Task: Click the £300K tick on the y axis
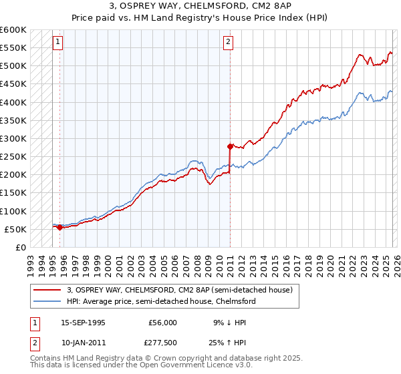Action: (13, 138)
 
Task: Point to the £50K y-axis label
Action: (15, 229)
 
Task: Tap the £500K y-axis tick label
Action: (13, 66)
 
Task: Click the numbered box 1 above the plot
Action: (58, 42)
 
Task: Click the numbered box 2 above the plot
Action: (229, 42)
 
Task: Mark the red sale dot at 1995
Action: (60, 227)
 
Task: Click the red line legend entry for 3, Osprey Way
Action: (179, 290)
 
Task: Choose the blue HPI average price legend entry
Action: (160, 301)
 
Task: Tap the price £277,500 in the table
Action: (163, 342)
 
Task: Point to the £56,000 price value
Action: (163, 322)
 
